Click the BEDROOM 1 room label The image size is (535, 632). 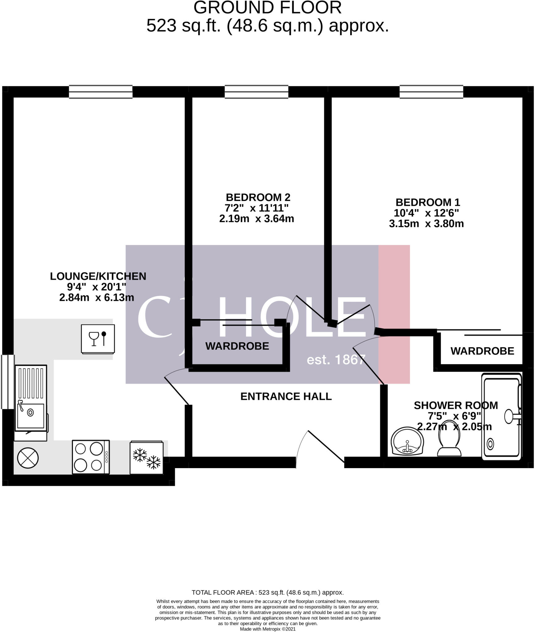[x=427, y=202]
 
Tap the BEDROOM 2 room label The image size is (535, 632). [x=258, y=197]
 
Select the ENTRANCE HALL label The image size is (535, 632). [x=286, y=396]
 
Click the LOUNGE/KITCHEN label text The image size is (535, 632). [x=98, y=276]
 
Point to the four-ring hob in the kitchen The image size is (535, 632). [x=91, y=457]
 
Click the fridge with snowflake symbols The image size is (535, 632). [x=146, y=458]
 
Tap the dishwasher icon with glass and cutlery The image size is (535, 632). [x=98, y=339]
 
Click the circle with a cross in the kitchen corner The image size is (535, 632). [x=28, y=458]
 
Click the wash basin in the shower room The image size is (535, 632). [x=407, y=441]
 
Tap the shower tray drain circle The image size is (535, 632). [x=490, y=444]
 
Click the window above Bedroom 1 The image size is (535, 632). [x=431, y=92]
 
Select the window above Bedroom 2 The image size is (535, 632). [x=256, y=92]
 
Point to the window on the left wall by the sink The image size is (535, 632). [x=8, y=382]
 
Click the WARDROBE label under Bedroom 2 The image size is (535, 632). [x=237, y=346]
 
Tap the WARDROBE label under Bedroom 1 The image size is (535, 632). [x=482, y=351]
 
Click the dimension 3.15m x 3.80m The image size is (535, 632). [x=426, y=224]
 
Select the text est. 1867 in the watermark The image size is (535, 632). [x=336, y=360]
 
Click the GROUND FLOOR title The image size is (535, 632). [x=267, y=8]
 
